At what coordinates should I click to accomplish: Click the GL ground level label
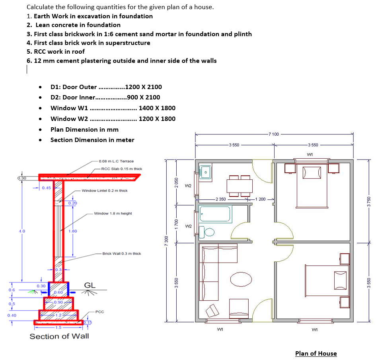90,285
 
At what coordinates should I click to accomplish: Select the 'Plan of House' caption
316,353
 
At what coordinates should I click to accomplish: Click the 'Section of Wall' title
59,336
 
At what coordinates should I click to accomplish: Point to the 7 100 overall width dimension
274,134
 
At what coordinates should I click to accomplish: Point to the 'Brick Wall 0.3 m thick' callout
121,253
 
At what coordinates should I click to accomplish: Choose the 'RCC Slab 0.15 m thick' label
121,169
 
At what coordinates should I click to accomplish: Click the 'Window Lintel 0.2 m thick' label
105,191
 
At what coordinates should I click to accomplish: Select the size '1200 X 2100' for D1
143,87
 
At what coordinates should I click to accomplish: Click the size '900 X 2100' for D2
143,97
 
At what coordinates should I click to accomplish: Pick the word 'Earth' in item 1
43,16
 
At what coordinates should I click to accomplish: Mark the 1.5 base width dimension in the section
59,327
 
